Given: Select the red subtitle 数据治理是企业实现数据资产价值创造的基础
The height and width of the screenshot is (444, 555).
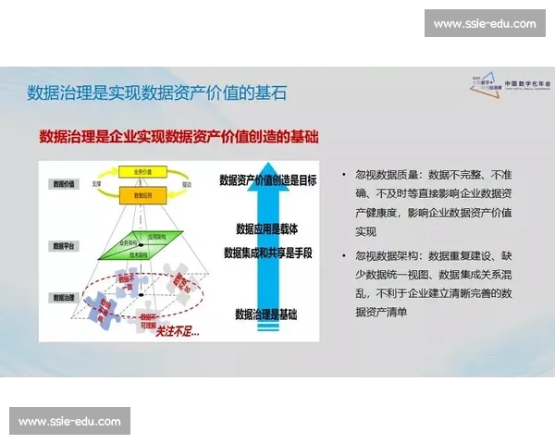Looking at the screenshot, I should pyautogui.click(x=179, y=137).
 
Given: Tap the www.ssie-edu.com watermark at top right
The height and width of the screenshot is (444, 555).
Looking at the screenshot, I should pyautogui.click(x=484, y=23).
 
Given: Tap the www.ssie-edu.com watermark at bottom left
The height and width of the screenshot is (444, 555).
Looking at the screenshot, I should pyautogui.click(x=70, y=422).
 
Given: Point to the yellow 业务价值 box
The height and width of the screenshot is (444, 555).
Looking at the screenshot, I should pyautogui.click(x=141, y=173).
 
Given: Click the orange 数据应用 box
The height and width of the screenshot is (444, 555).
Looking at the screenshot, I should pyautogui.click(x=141, y=195).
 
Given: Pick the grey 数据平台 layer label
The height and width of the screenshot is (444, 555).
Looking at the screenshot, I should pyautogui.click(x=63, y=247).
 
